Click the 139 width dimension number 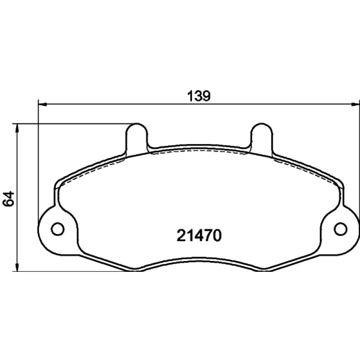[x=199, y=96]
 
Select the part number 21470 [x=199, y=235]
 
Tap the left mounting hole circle [x=58, y=229]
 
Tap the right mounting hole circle [x=341, y=229]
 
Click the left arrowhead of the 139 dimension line [x=42, y=104]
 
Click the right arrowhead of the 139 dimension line [x=355, y=104]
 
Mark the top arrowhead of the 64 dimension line [x=17, y=129]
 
